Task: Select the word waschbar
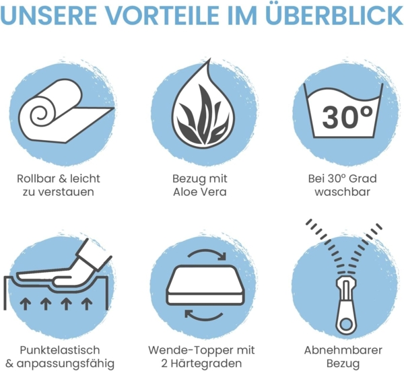tap(343, 193)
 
